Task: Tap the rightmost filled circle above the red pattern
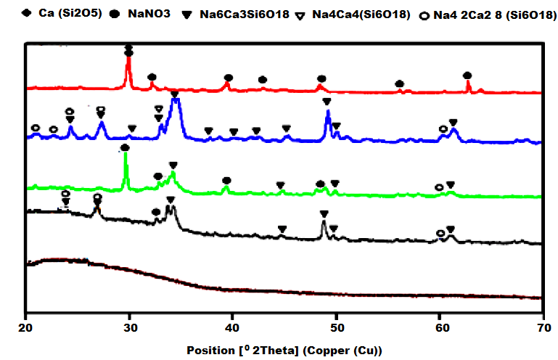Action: click(x=467, y=75)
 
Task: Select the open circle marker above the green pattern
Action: click(x=438, y=187)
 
